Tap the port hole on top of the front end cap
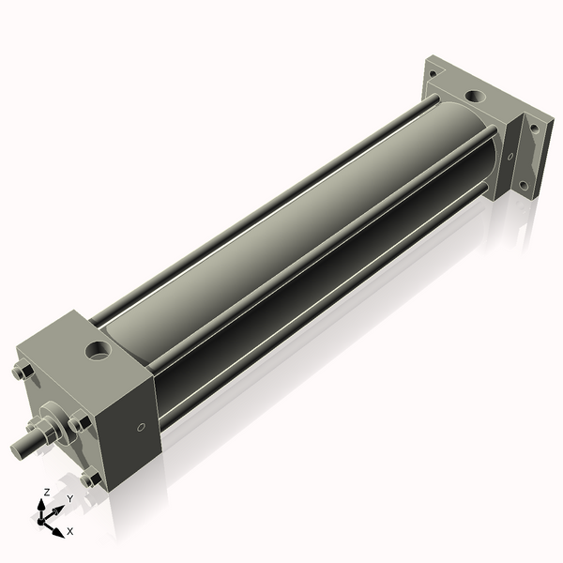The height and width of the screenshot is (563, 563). click(98, 352)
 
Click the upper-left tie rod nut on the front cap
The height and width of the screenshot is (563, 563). click(23, 373)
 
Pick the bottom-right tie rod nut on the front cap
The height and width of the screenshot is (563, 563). click(91, 479)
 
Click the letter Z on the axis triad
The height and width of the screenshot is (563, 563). click(47, 492)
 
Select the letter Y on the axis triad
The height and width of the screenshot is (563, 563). click(69, 498)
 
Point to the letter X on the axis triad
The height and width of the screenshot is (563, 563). click(69, 531)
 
